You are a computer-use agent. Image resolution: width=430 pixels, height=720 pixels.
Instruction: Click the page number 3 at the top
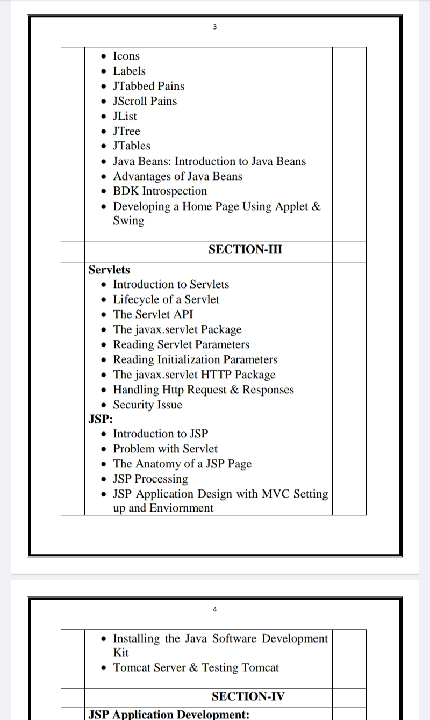pos(214,27)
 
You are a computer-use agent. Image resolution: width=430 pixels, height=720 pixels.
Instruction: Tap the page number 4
pos(214,609)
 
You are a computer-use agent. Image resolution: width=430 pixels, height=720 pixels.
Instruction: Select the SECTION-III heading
pos(246,249)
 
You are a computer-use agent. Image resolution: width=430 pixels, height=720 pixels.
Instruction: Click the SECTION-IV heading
pos(248,696)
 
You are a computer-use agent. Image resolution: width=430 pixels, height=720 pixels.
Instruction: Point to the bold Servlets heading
pos(109,269)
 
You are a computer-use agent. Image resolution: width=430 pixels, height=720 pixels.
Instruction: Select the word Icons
pos(126,56)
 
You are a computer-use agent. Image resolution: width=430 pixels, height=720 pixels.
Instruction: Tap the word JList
pos(125,116)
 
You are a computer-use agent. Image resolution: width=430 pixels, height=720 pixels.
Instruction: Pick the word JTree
pos(126,131)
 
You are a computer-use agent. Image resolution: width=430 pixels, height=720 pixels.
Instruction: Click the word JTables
pos(132,146)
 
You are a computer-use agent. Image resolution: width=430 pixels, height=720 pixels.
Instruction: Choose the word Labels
pos(129,71)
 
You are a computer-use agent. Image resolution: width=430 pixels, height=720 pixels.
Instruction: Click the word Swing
pos(128,221)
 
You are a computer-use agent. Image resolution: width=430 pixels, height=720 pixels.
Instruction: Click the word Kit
pos(121,652)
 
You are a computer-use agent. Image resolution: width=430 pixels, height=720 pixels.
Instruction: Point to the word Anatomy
pos(156,464)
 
